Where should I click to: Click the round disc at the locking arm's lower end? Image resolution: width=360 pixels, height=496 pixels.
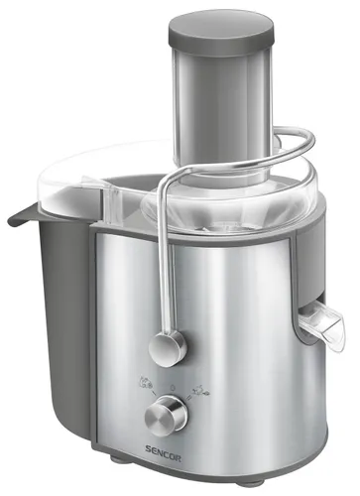click(x=168, y=348)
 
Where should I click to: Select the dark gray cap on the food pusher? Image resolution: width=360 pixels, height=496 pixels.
click(x=222, y=33)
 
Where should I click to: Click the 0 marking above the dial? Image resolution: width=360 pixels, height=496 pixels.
click(x=173, y=387)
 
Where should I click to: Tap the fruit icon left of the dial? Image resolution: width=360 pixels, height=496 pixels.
click(x=146, y=381)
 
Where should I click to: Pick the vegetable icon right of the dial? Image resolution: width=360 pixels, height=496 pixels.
click(x=200, y=389)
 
